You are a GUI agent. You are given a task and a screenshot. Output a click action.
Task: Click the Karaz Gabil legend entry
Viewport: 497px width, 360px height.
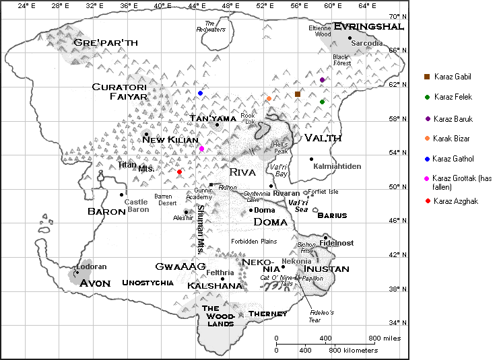[x=453, y=75]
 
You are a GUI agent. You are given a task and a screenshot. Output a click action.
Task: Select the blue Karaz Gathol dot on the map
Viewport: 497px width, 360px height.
[x=200, y=93]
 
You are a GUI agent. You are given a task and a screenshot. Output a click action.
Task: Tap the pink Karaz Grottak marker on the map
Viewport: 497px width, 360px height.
[x=201, y=149]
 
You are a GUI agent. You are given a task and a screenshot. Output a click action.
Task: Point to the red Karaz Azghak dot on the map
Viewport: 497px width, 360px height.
[x=179, y=172]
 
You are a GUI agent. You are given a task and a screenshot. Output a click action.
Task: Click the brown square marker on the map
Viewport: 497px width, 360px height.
[x=298, y=94]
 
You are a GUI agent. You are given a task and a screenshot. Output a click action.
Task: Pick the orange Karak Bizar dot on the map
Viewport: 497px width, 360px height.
[x=269, y=98]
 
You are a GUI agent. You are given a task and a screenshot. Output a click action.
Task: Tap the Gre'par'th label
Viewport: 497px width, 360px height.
[x=106, y=42]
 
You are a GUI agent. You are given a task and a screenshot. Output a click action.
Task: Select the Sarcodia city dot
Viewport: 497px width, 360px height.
[x=350, y=38]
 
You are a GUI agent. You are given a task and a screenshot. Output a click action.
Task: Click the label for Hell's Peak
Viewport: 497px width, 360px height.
[x=281, y=147]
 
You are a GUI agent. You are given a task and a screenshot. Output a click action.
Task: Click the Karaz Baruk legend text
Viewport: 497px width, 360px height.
[x=453, y=119]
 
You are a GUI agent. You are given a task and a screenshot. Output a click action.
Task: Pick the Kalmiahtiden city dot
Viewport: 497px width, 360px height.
[x=311, y=159]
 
